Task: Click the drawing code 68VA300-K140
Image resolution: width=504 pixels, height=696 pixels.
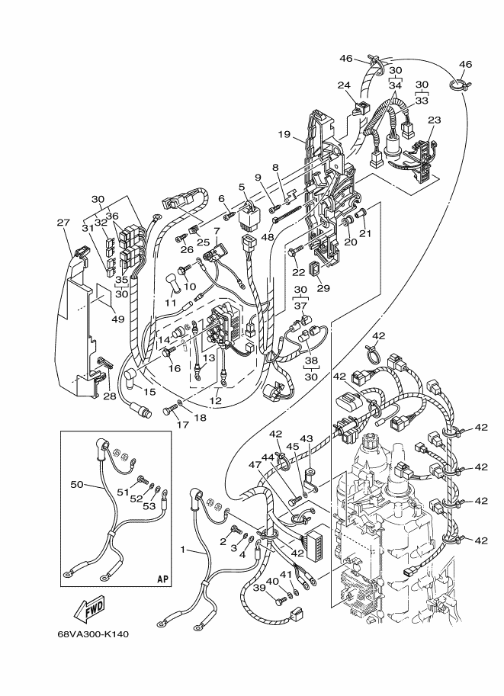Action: [93, 633]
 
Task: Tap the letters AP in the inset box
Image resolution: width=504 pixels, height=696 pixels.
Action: [163, 579]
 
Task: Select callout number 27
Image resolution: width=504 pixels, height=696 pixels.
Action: [63, 223]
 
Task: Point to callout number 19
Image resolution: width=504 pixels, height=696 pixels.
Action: [284, 134]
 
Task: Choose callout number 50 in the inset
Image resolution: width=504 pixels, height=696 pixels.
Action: [77, 484]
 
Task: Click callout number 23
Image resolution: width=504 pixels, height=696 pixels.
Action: [435, 120]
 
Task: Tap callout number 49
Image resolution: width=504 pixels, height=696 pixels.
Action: [117, 319]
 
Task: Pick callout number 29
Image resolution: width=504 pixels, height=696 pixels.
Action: [323, 288]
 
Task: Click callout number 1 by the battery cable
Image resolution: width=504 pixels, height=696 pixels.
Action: [182, 550]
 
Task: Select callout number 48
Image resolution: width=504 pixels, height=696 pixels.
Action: [268, 237]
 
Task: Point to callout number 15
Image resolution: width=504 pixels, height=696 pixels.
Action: [149, 392]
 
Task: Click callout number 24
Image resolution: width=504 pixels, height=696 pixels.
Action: [344, 85]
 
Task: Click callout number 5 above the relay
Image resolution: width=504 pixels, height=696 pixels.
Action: [242, 187]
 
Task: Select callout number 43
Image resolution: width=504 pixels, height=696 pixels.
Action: [306, 438]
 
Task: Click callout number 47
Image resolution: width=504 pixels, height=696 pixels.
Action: [255, 465]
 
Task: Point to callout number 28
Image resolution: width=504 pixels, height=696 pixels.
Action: [110, 396]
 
